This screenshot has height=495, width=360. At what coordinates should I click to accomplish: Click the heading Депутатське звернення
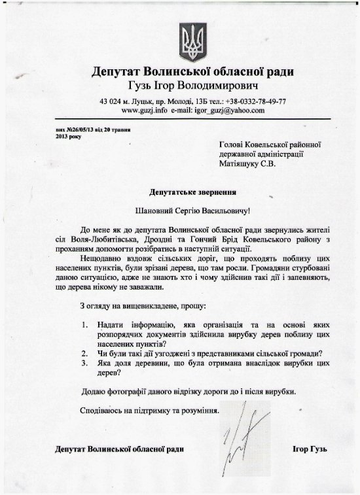tap(193, 193)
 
